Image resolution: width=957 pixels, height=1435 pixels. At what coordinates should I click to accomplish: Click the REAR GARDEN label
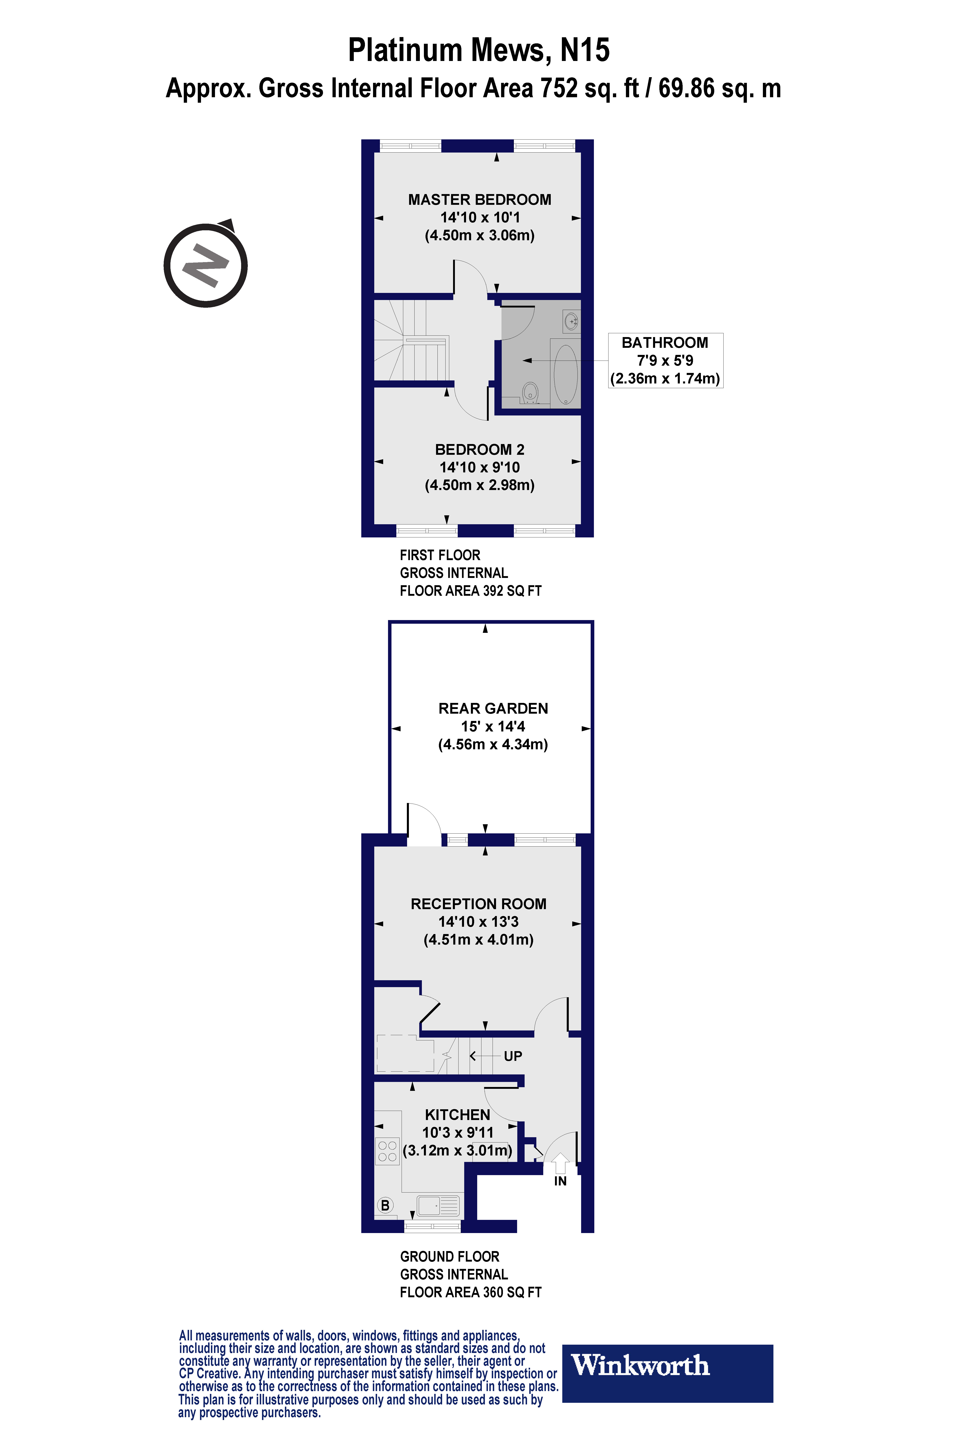493,708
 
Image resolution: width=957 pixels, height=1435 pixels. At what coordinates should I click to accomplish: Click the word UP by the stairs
513,1056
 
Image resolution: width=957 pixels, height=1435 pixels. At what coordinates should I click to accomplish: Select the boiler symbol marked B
385,1205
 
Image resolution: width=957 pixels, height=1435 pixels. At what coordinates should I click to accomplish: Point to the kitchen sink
438,1206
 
